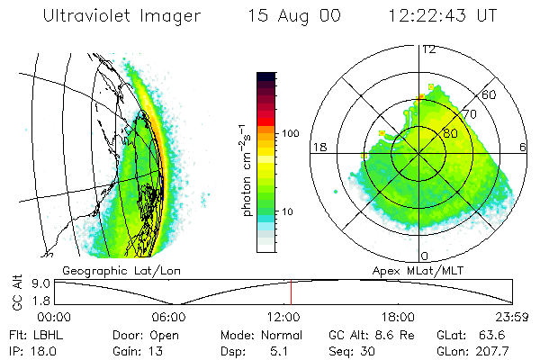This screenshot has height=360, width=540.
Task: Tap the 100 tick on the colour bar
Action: pos(290,133)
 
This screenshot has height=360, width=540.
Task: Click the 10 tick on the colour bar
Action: pos(290,211)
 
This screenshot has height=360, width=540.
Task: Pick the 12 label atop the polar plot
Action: pos(428,49)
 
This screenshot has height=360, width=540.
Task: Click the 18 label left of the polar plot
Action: pos(318,147)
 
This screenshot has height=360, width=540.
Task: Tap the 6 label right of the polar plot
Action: pos(523,147)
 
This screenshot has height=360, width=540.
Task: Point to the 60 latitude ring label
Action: pos(490,94)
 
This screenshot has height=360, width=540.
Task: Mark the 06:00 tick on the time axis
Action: pos(168,317)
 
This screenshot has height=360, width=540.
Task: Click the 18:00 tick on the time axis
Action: pos(398,317)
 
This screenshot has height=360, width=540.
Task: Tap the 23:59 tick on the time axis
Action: pos(510,317)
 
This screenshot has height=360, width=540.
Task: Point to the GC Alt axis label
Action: pos(16,292)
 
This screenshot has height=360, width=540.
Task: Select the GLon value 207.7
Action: pos(493,350)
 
